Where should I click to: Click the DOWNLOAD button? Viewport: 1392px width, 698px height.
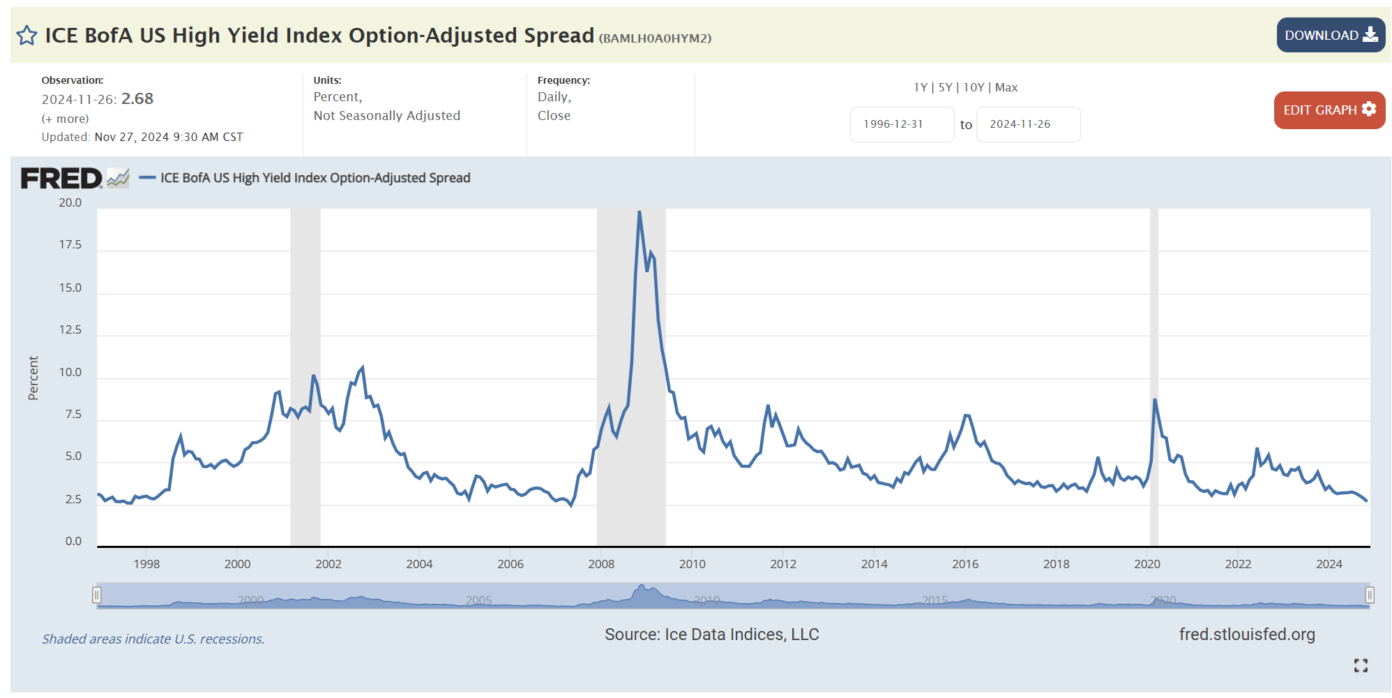tap(1330, 35)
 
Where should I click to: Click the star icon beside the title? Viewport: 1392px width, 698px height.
tap(27, 36)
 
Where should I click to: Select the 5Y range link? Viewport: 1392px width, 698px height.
tap(945, 87)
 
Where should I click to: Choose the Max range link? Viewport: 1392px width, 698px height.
tap(1006, 87)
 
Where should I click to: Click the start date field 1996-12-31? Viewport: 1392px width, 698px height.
tap(901, 124)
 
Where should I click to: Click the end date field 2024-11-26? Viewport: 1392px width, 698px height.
tap(1027, 124)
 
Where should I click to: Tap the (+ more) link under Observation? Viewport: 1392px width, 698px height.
tap(65, 119)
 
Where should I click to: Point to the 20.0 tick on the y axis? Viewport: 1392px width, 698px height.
tap(70, 203)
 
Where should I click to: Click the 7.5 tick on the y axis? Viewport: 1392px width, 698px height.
tap(73, 415)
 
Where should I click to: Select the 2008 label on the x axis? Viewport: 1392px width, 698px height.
tap(601, 564)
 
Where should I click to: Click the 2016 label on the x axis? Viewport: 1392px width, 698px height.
tap(965, 564)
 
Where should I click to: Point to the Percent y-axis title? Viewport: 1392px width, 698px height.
tap(33, 378)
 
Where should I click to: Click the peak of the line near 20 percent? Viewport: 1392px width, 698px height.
tap(639, 211)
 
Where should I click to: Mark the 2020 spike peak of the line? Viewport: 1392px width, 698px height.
tap(1155, 399)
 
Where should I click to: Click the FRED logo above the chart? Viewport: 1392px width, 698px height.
tap(61, 179)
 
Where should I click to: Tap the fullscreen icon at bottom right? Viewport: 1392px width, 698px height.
tap(1361, 665)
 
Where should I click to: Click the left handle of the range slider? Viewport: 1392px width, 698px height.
tap(97, 595)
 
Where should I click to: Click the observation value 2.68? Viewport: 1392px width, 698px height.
tap(137, 99)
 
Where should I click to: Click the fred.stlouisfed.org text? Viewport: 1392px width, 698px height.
tap(1246, 634)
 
